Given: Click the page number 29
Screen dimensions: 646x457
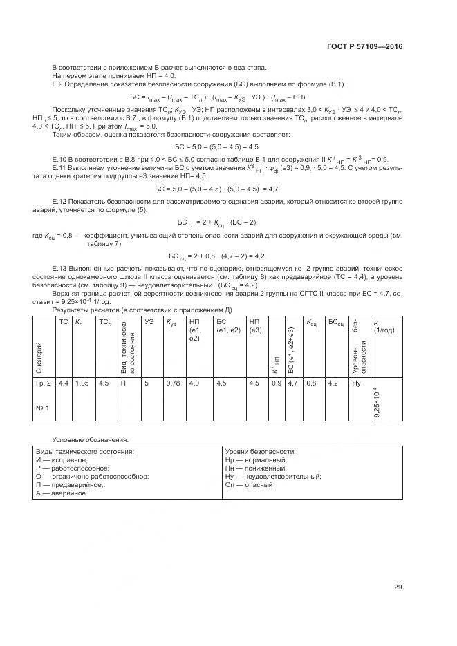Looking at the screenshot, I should pos(398,587).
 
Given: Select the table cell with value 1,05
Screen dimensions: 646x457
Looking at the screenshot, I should pos(82,382).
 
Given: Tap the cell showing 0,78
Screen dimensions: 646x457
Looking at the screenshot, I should pos(173,382).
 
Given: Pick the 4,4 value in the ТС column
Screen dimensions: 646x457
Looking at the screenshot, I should pos(63,382).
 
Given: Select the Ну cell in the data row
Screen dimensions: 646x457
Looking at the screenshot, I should pos(357,382).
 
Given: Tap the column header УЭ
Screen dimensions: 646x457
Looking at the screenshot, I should pos(148,322).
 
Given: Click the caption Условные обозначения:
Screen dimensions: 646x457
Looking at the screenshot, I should pos(90,439).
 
